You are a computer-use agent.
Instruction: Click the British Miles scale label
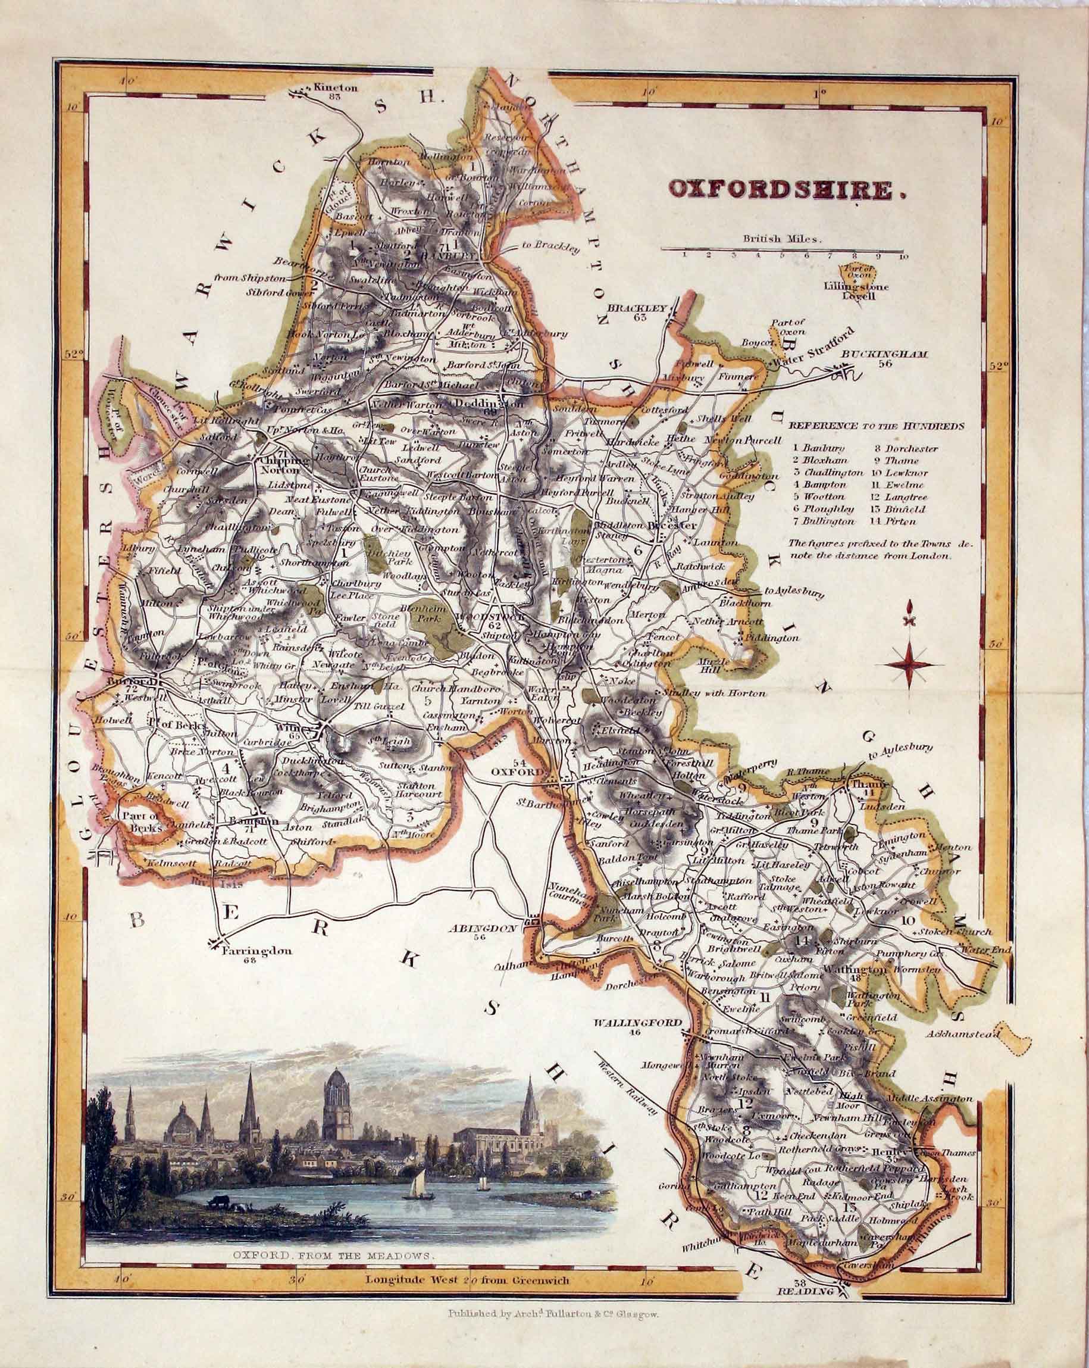pos(782,240)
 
